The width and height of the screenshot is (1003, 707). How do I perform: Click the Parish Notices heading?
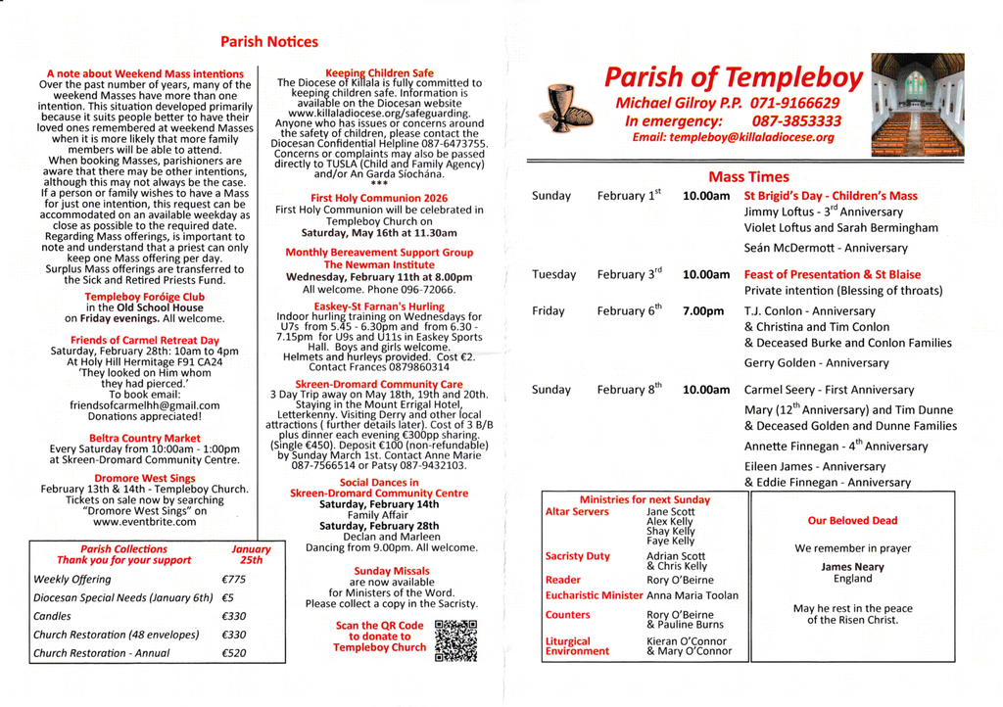coord(269,42)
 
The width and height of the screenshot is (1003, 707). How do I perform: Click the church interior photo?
coord(917,105)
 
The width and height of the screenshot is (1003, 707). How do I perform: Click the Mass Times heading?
coord(748,176)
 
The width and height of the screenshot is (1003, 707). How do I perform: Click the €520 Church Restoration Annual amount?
coord(234,653)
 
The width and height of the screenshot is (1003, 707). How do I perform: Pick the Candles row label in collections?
coord(52,616)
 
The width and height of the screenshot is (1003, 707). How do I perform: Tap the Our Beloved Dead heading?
coord(852,521)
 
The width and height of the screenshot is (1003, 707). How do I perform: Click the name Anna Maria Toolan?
coord(693,594)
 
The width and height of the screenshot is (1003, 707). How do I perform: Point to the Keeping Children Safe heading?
coord(379,72)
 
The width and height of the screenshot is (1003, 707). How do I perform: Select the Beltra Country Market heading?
coord(144,438)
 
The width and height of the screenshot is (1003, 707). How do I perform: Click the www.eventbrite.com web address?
coord(145,522)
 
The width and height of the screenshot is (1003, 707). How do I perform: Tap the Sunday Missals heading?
coord(378,570)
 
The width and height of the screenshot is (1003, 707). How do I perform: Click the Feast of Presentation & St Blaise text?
coord(832,274)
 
